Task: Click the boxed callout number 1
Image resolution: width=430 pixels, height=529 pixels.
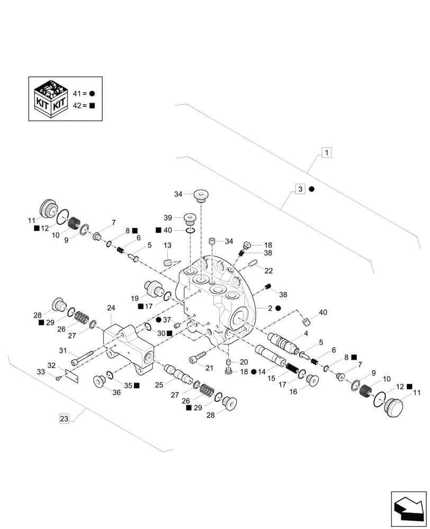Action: tap(327, 153)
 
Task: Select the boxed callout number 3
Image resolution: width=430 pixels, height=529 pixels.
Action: tap(300, 189)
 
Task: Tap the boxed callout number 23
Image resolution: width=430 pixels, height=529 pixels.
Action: tap(64, 419)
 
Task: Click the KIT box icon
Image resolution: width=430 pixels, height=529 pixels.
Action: tap(50, 98)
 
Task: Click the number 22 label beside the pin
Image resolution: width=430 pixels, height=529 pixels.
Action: tap(268, 270)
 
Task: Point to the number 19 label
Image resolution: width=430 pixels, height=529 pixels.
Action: tap(135, 298)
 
